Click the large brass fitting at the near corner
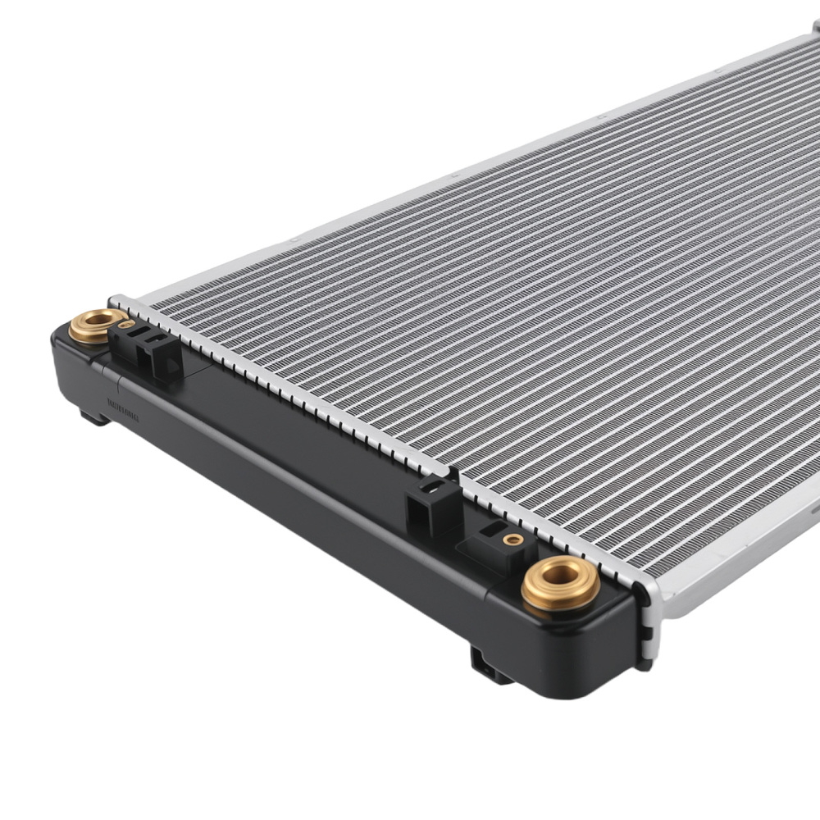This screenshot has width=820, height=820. pos(560,584)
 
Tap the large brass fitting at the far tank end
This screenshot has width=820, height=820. pos(97,326)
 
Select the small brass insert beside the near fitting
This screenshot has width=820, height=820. pos(513,539)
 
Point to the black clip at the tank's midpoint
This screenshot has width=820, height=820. pos(431,503)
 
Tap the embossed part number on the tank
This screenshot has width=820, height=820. pos(123,409)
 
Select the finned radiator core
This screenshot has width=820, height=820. pos(533,328)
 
